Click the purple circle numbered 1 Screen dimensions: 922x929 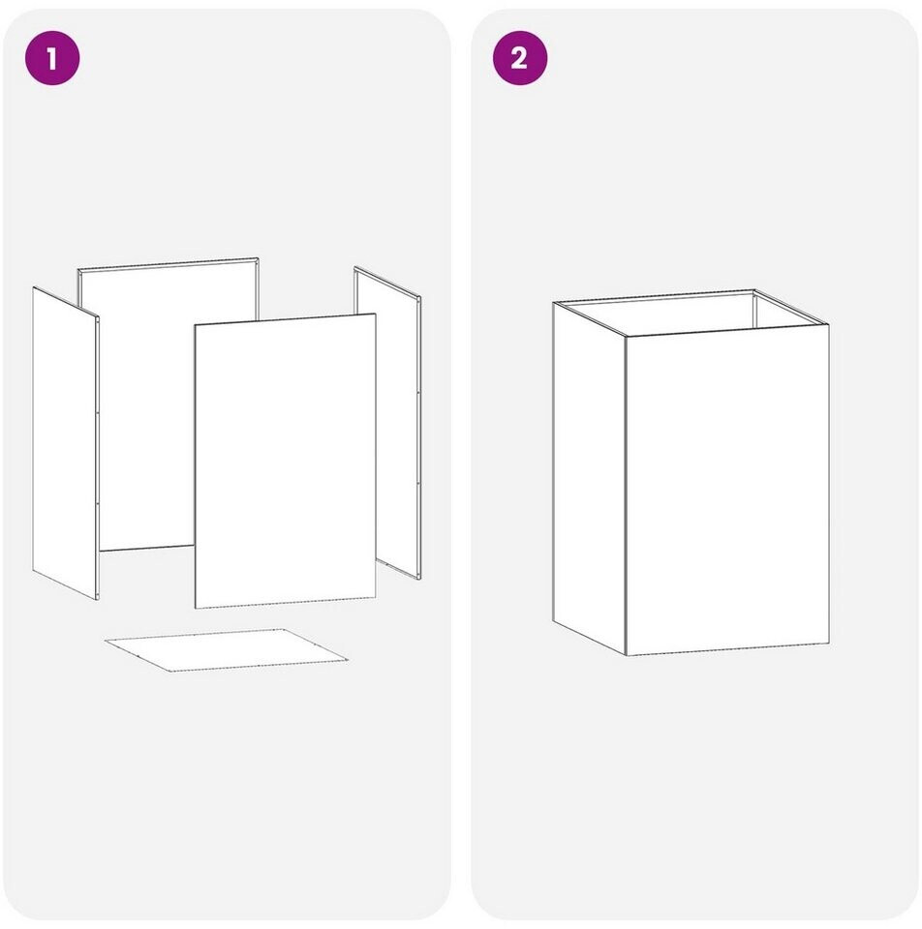tap(52, 58)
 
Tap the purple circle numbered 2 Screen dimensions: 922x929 tap(520, 58)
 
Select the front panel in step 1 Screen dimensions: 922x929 tap(285, 461)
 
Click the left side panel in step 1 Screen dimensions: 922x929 tap(65, 442)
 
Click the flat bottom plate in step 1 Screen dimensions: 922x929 tap(227, 650)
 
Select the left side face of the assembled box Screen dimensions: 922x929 tap(590, 479)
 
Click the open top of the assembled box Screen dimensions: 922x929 tap(691, 313)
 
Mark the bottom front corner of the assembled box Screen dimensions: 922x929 tap(627, 655)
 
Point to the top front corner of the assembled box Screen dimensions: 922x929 tap(627, 337)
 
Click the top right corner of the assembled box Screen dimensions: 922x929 tap(829, 324)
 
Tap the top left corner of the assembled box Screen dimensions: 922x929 tap(553, 303)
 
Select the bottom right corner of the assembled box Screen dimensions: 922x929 tap(829, 644)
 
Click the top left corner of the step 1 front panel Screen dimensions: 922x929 tap(195, 325)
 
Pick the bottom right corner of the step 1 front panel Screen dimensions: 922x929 tap(376, 598)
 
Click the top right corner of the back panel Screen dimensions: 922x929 tap(259, 257)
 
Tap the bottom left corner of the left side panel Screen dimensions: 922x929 tap(33, 571)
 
